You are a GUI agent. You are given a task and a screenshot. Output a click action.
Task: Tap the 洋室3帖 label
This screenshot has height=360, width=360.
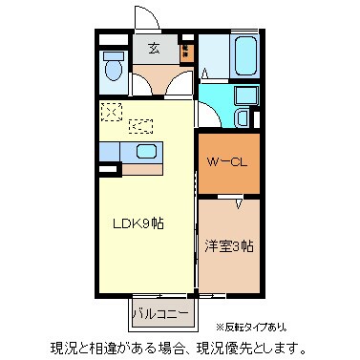[x=228, y=245]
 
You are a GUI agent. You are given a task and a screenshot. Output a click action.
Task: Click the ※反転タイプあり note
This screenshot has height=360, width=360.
[x=283, y=327]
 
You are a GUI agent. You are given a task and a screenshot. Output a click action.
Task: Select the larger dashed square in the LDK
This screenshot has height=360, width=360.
[x=112, y=113]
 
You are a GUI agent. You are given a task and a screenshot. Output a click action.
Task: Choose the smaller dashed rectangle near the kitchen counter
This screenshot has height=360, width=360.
[x=142, y=124]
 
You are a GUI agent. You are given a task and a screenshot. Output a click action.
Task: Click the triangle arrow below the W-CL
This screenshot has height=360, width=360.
[x=240, y=202]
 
